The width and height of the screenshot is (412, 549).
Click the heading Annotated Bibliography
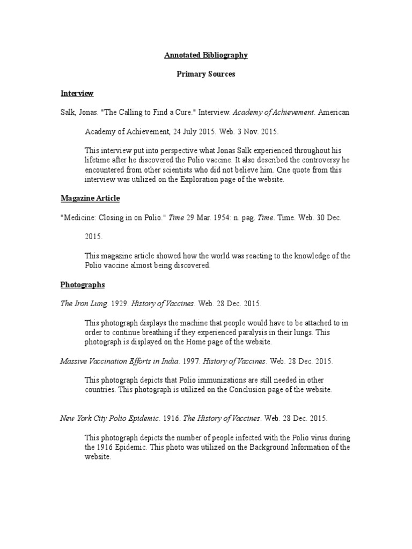point(206,55)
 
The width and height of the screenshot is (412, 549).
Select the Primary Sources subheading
point(206,74)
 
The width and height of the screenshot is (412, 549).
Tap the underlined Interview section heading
point(77,93)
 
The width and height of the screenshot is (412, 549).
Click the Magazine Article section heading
point(90,198)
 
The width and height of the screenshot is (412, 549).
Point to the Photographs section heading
point(83,285)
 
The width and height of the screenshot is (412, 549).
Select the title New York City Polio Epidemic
point(109,418)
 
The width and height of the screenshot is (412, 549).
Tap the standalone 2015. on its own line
point(93,236)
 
